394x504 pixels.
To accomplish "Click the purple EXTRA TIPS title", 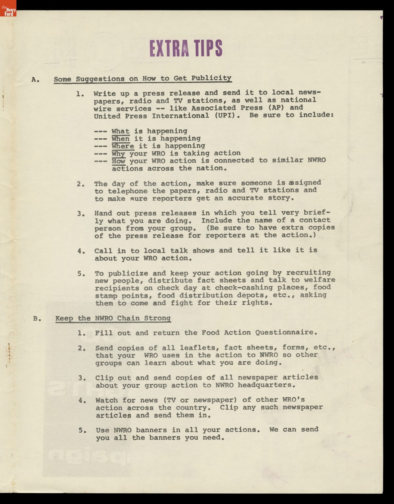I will [186, 48].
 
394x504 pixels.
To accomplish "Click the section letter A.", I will [35, 79].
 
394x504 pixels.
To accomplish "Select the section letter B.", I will [36, 318].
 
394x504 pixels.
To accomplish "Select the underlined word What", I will [120, 131].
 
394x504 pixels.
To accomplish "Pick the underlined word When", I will [120, 139].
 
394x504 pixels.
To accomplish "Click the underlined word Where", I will [123, 146].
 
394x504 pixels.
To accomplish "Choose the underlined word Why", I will [118, 154].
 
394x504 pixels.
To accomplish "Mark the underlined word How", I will [118, 161].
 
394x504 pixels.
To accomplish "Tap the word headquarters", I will [265, 385].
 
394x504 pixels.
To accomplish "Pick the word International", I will [180, 116].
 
